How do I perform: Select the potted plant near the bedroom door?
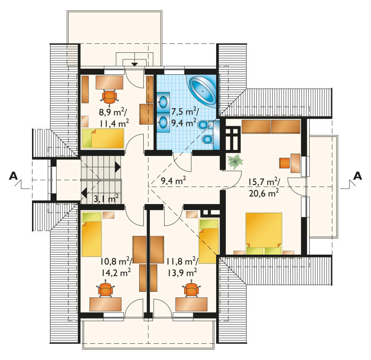click(x=235, y=161)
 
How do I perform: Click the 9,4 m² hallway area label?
click(x=173, y=181)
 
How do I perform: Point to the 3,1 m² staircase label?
click(x=106, y=199)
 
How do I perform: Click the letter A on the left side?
click(x=13, y=176)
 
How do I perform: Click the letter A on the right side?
click(x=357, y=176)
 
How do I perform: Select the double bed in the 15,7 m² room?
click(x=264, y=233)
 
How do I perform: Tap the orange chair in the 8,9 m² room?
click(x=109, y=96)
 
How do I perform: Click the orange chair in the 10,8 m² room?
click(x=105, y=289)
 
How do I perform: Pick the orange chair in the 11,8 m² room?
click(x=191, y=289)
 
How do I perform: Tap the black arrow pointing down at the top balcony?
click(x=134, y=64)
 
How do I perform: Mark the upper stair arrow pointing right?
click(x=118, y=167)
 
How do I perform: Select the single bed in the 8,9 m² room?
click(x=102, y=138)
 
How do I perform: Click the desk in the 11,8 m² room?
click(x=191, y=304)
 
